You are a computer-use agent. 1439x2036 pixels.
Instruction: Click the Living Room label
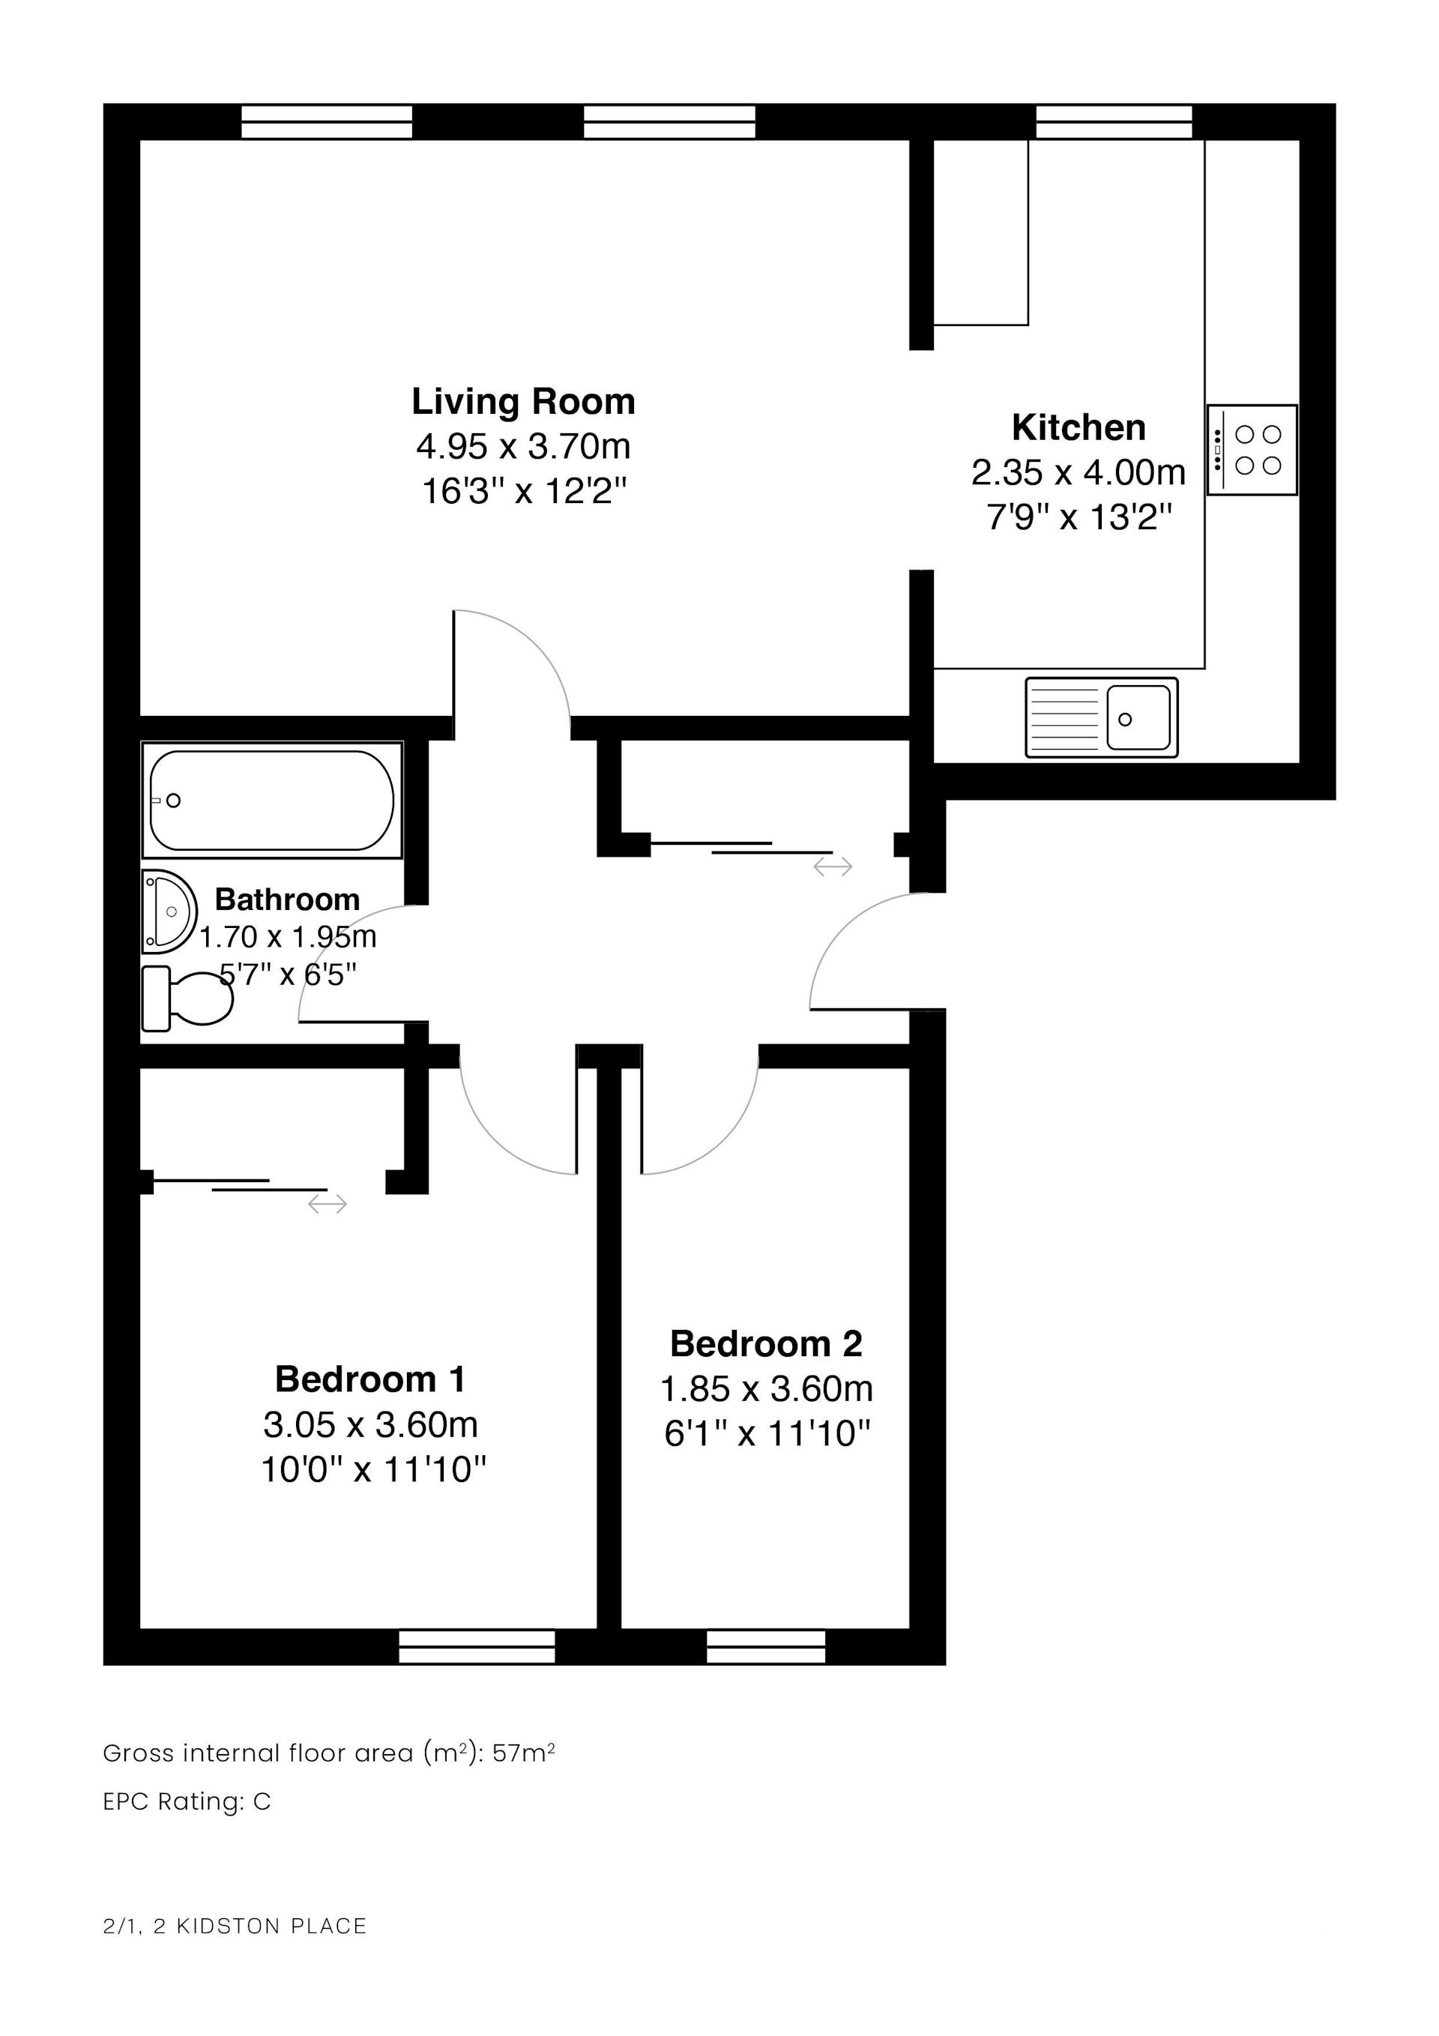tap(523, 402)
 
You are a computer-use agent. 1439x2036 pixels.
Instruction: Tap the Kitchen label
tap(1079, 427)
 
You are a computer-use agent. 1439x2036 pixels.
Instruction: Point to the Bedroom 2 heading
tap(766, 1343)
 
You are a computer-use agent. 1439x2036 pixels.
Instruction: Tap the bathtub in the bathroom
tap(272, 801)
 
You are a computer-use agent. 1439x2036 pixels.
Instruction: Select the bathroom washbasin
tap(169, 912)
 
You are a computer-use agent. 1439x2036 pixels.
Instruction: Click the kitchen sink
tap(1101, 717)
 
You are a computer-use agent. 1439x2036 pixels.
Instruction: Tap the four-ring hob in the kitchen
tap(1252, 450)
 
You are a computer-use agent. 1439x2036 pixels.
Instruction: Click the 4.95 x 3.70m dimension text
tap(523, 446)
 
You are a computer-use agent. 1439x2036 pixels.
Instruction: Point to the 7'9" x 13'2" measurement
tap(1079, 516)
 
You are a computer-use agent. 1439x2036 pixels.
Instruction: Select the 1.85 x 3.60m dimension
tap(766, 1388)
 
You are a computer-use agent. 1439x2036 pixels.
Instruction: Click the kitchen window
tap(1114, 121)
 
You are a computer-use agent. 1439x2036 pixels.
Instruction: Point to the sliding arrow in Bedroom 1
tap(328, 1203)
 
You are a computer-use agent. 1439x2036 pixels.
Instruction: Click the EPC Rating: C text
tap(187, 1802)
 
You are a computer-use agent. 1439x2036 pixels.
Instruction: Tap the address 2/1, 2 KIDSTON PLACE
tap(235, 1926)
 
